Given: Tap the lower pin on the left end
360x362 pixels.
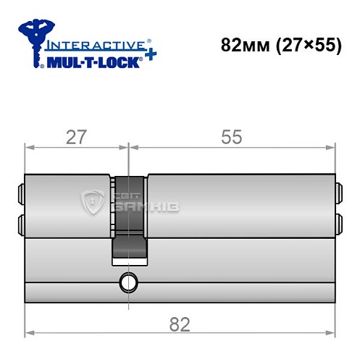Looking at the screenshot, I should click(x=20, y=222).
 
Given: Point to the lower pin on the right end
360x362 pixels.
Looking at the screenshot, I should click(x=337, y=222).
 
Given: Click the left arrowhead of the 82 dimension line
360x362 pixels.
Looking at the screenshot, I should click(x=29, y=334).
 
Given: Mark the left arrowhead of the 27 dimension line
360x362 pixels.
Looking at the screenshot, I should click(x=29, y=148).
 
